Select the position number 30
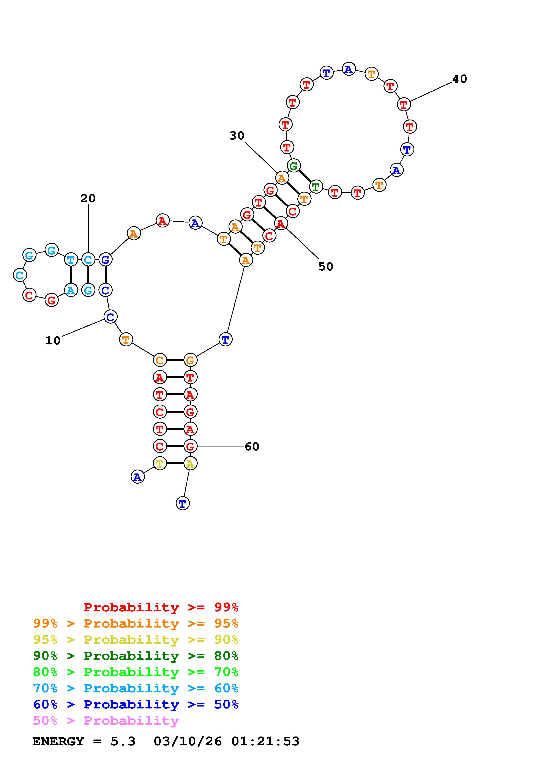(x=237, y=136)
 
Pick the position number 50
(x=326, y=267)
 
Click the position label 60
(x=252, y=446)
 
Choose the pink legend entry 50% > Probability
(x=106, y=720)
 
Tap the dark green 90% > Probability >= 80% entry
(x=136, y=656)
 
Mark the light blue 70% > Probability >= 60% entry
(x=136, y=688)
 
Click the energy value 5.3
(x=123, y=741)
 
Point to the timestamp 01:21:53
(x=265, y=741)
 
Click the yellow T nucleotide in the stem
(x=159, y=464)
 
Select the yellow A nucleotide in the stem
(x=190, y=464)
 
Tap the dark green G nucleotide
(x=293, y=166)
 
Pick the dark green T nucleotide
(x=316, y=187)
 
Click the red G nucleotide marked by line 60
(x=190, y=446)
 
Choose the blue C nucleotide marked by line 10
(x=110, y=317)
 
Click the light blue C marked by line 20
(x=88, y=260)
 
